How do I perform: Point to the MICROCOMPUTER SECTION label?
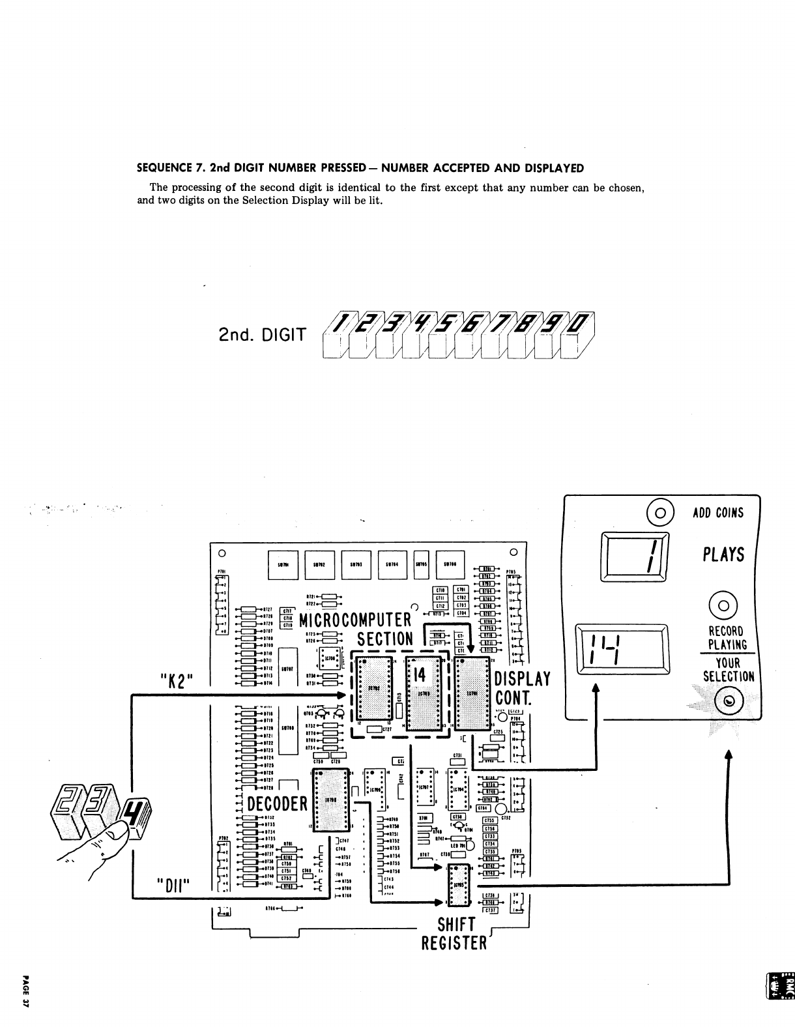(356, 629)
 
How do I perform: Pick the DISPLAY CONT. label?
(523, 689)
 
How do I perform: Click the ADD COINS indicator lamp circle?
(659, 512)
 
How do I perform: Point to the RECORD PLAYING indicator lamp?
(724, 605)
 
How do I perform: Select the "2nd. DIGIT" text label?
(261, 336)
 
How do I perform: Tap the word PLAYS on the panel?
(723, 555)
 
